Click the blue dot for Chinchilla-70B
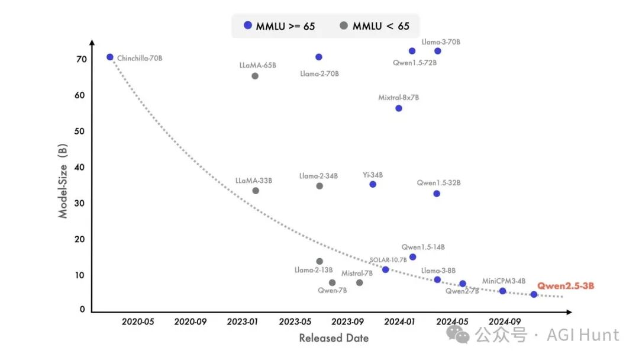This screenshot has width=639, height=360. click(x=109, y=57)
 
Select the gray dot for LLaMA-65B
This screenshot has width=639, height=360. click(x=255, y=76)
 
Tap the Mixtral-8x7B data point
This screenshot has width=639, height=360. click(x=399, y=108)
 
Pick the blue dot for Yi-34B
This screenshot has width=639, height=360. click(x=373, y=184)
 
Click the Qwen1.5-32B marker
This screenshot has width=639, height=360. click(x=437, y=194)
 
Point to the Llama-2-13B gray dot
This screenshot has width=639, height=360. click(x=319, y=261)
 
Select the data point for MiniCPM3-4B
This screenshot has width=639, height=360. click(x=503, y=291)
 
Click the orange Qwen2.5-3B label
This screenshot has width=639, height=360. click(x=565, y=286)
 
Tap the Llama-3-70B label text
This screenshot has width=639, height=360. click(x=441, y=42)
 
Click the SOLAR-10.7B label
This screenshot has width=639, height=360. click(x=388, y=260)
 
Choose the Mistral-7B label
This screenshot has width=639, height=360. click(x=357, y=273)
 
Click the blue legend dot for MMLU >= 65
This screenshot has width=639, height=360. click(x=248, y=25)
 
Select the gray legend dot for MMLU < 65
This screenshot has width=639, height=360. click(x=344, y=25)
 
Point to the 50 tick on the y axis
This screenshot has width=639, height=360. click(x=79, y=131)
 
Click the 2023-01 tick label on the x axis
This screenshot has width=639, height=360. click(x=243, y=322)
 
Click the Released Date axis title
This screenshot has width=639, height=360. click(x=334, y=338)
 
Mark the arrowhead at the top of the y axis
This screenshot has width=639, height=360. click(x=92, y=43)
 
